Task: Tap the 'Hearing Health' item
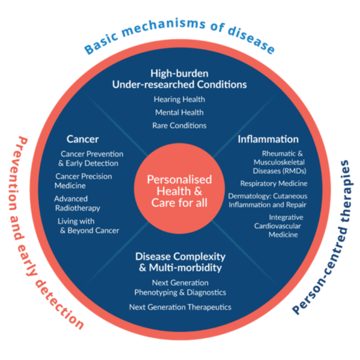(x=179, y=99)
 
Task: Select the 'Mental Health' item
(x=179, y=112)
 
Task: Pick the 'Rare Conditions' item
(x=180, y=125)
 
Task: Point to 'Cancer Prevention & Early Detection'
(x=89, y=158)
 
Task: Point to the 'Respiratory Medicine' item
(x=274, y=183)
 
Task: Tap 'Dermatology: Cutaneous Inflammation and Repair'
(x=267, y=200)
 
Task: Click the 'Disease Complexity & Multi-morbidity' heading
(x=180, y=260)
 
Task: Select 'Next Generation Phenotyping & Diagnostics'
(x=180, y=287)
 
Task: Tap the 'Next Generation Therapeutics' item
(x=180, y=307)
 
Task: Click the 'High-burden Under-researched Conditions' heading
(x=179, y=79)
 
